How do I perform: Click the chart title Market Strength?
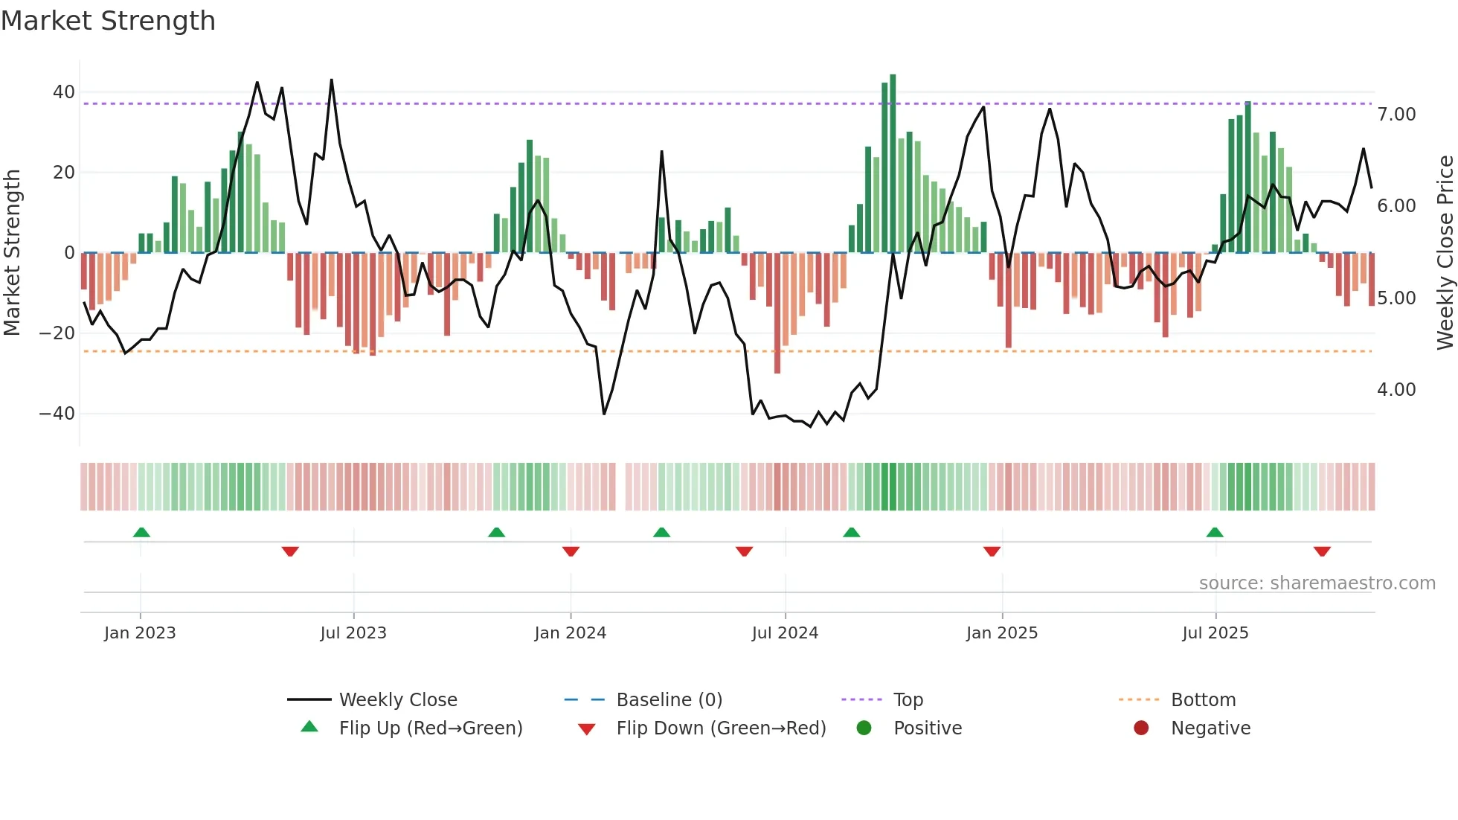[108, 21]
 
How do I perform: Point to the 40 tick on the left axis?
[63, 92]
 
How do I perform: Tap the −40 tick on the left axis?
[57, 413]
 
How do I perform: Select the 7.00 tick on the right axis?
[1396, 115]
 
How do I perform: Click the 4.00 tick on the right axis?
[1396, 390]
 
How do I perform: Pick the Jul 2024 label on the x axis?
[785, 633]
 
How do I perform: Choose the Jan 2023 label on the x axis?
[140, 633]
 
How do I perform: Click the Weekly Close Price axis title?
[1445, 253]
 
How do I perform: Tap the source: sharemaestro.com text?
[1317, 583]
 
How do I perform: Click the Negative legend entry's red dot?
[1141, 728]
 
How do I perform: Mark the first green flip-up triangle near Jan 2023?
[141, 532]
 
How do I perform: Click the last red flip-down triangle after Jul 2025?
[1322, 551]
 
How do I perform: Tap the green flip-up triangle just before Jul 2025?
[1215, 532]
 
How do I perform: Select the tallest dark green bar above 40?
[893, 164]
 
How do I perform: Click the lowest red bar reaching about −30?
[777, 313]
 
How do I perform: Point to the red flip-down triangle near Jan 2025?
[992, 551]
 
